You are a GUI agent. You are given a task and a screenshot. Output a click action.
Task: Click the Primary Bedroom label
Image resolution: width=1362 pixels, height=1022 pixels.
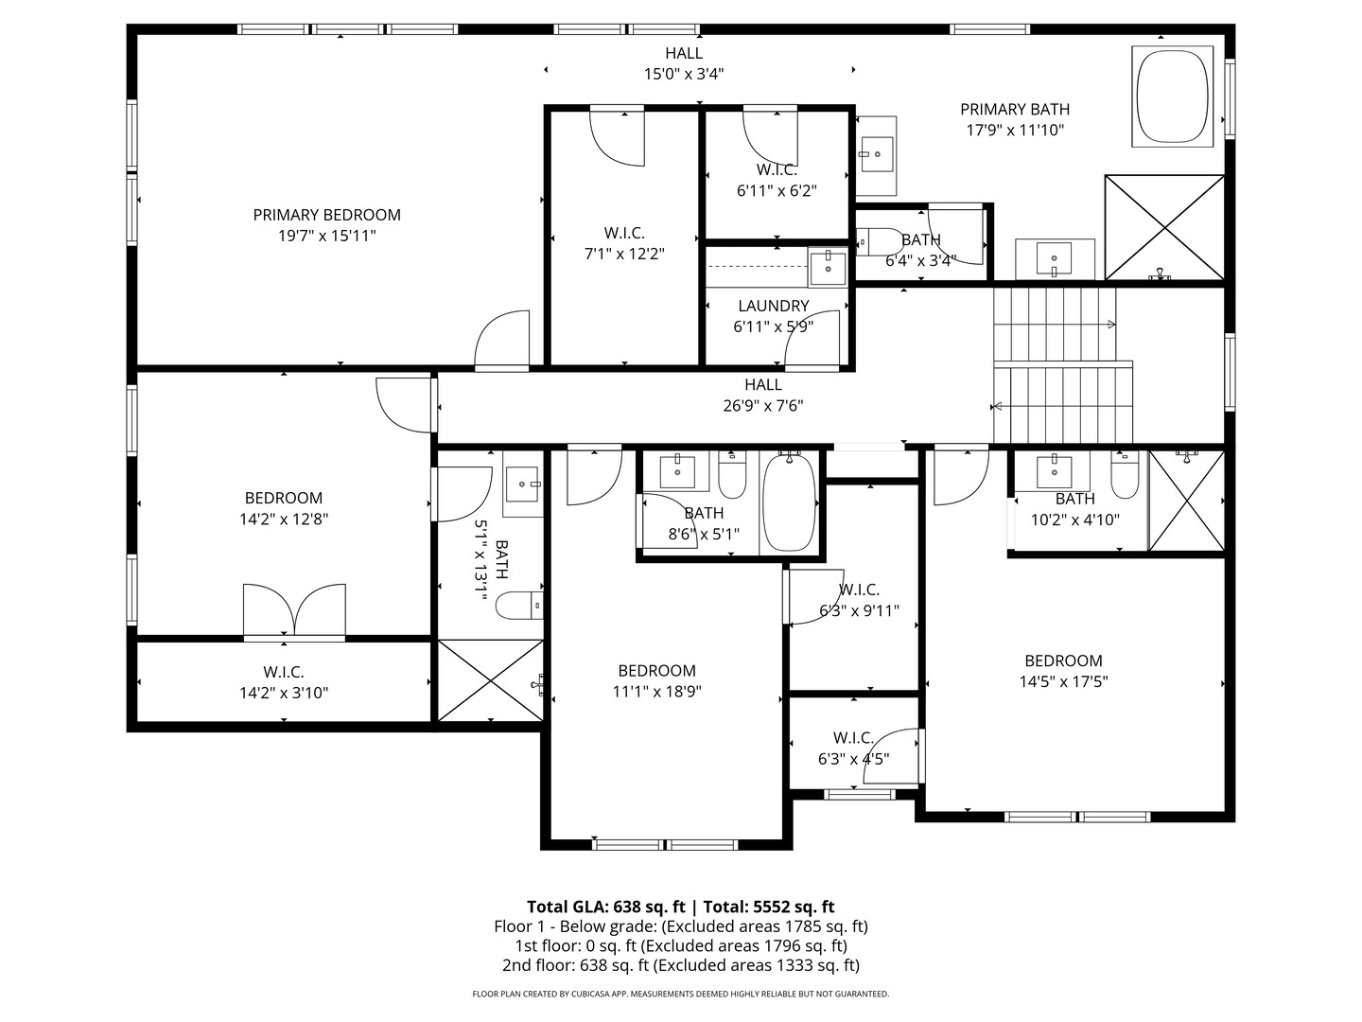click(x=326, y=215)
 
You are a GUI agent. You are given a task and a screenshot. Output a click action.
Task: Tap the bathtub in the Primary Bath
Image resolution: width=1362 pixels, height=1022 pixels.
click(x=1173, y=97)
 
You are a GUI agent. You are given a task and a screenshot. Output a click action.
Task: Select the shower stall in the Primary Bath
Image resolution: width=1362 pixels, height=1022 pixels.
click(x=1164, y=227)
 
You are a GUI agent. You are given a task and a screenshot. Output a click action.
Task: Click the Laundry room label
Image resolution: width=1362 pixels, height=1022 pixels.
click(x=773, y=306)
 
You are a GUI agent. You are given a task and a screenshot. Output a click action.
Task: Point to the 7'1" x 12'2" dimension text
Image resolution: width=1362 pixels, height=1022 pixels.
click(x=624, y=254)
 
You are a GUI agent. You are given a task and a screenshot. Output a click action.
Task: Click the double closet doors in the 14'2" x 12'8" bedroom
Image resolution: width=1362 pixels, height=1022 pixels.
click(x=294, y=610)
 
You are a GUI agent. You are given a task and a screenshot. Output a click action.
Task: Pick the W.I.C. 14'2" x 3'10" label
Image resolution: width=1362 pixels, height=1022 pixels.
click(x=283, y=672)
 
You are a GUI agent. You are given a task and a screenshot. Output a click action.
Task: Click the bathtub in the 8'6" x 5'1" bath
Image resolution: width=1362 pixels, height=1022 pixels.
click(x=789, y=502)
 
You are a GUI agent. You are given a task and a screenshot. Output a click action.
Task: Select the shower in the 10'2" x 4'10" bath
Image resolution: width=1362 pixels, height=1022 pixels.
click(x=1186, y=500)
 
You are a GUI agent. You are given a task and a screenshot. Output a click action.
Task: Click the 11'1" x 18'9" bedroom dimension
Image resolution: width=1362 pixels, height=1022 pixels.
click(x=656, y=692)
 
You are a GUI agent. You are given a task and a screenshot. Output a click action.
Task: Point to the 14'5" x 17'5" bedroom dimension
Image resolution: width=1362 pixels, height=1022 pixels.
click(x=1063, y=681)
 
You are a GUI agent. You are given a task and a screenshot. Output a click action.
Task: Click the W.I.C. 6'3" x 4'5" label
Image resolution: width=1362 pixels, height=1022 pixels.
click(x=853, y=737)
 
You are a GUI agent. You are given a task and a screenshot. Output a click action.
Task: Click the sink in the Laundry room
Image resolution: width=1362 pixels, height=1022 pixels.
click(x=829, y=266)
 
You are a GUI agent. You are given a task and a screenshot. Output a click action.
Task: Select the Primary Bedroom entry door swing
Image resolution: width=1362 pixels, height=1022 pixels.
click(x=501, y=341)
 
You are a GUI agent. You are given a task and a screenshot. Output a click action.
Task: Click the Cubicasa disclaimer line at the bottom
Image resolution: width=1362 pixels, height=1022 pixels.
click(x=680, y=994)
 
